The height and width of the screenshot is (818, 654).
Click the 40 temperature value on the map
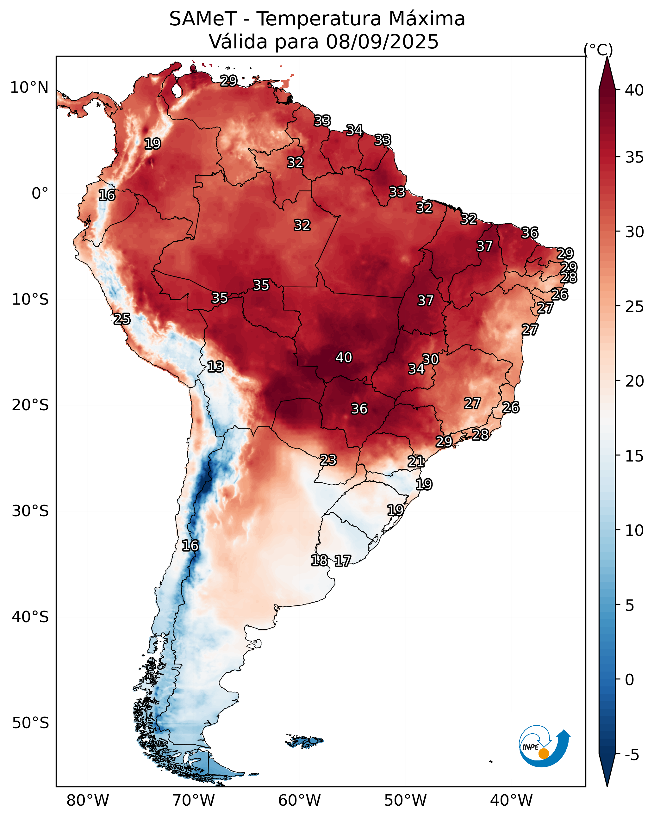pos(344,357)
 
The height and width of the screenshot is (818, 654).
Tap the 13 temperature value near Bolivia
pos(215,367)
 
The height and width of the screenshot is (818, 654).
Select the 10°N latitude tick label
pos(29,88)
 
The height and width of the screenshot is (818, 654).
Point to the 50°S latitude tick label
pos(30,723)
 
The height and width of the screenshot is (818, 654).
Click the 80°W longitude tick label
pos(88,800)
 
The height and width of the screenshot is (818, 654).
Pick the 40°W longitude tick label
pos(511,800)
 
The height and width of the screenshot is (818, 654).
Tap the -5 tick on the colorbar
pos(632,755)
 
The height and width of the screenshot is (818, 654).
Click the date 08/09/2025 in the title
pos(382,42)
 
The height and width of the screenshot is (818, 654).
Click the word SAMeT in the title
pos(203,19)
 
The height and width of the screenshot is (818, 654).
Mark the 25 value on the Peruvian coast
pos(122,319)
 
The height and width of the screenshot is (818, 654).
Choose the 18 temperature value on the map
pos(319,561)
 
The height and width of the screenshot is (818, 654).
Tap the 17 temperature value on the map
pos(342,561)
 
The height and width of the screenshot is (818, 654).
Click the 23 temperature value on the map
pos(328,460)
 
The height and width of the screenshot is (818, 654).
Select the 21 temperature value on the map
pos(416,462)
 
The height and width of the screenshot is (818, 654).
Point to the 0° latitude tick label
pos(40,194)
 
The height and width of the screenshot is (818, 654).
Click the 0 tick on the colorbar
pos(629,680)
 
